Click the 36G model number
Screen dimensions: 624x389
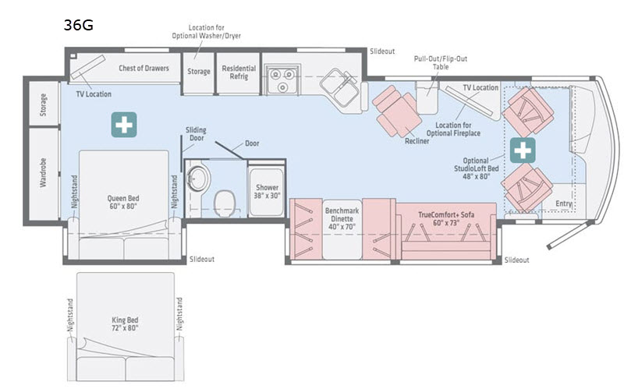79,25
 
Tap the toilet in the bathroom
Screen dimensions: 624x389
225,203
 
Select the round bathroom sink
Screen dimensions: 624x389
198,178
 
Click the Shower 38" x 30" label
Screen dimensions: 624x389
267,191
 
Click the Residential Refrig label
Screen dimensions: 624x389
239,72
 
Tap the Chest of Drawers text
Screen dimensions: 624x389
144,68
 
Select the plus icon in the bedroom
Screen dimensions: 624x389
124,125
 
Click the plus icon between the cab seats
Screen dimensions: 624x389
523,150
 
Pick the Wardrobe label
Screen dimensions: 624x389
44,172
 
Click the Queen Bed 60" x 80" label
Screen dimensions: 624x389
123,202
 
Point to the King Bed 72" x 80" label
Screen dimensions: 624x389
125,324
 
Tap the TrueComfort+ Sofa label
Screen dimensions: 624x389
446,219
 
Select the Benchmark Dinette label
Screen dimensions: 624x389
342,218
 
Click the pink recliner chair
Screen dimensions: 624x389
397,110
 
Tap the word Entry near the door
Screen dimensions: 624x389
564,203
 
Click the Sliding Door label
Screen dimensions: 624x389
197,134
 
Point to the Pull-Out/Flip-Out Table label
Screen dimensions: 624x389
441,62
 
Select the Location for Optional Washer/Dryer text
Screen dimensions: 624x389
206,31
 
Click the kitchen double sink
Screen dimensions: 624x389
340,87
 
